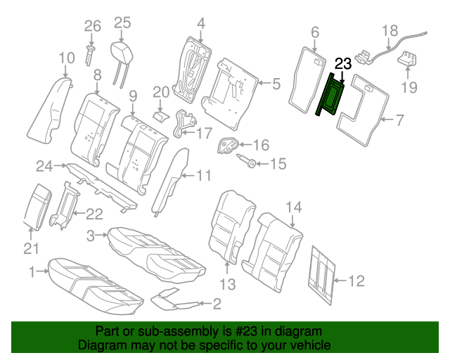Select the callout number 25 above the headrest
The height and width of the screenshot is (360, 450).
pyautogui.click(x=122, y=22)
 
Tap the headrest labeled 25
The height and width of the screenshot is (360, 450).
pyautogui.click(x=122, y=53)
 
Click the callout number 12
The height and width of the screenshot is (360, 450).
pyautogui.click(x=356, y=281)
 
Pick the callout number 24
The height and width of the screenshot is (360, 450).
pyautogui.click(x=44, y=167)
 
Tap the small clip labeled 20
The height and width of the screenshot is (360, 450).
pyautogui.click(x=160, y=114)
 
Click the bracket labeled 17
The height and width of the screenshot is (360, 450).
pyautogui.click(x=184, y=122)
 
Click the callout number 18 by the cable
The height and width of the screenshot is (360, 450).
pyautogui.click(x=390, y=30)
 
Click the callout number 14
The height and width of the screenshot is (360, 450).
pyautogui.click(x=293, y=207)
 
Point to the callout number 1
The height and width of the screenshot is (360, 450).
pyautogui.click(x=31, y=271)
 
